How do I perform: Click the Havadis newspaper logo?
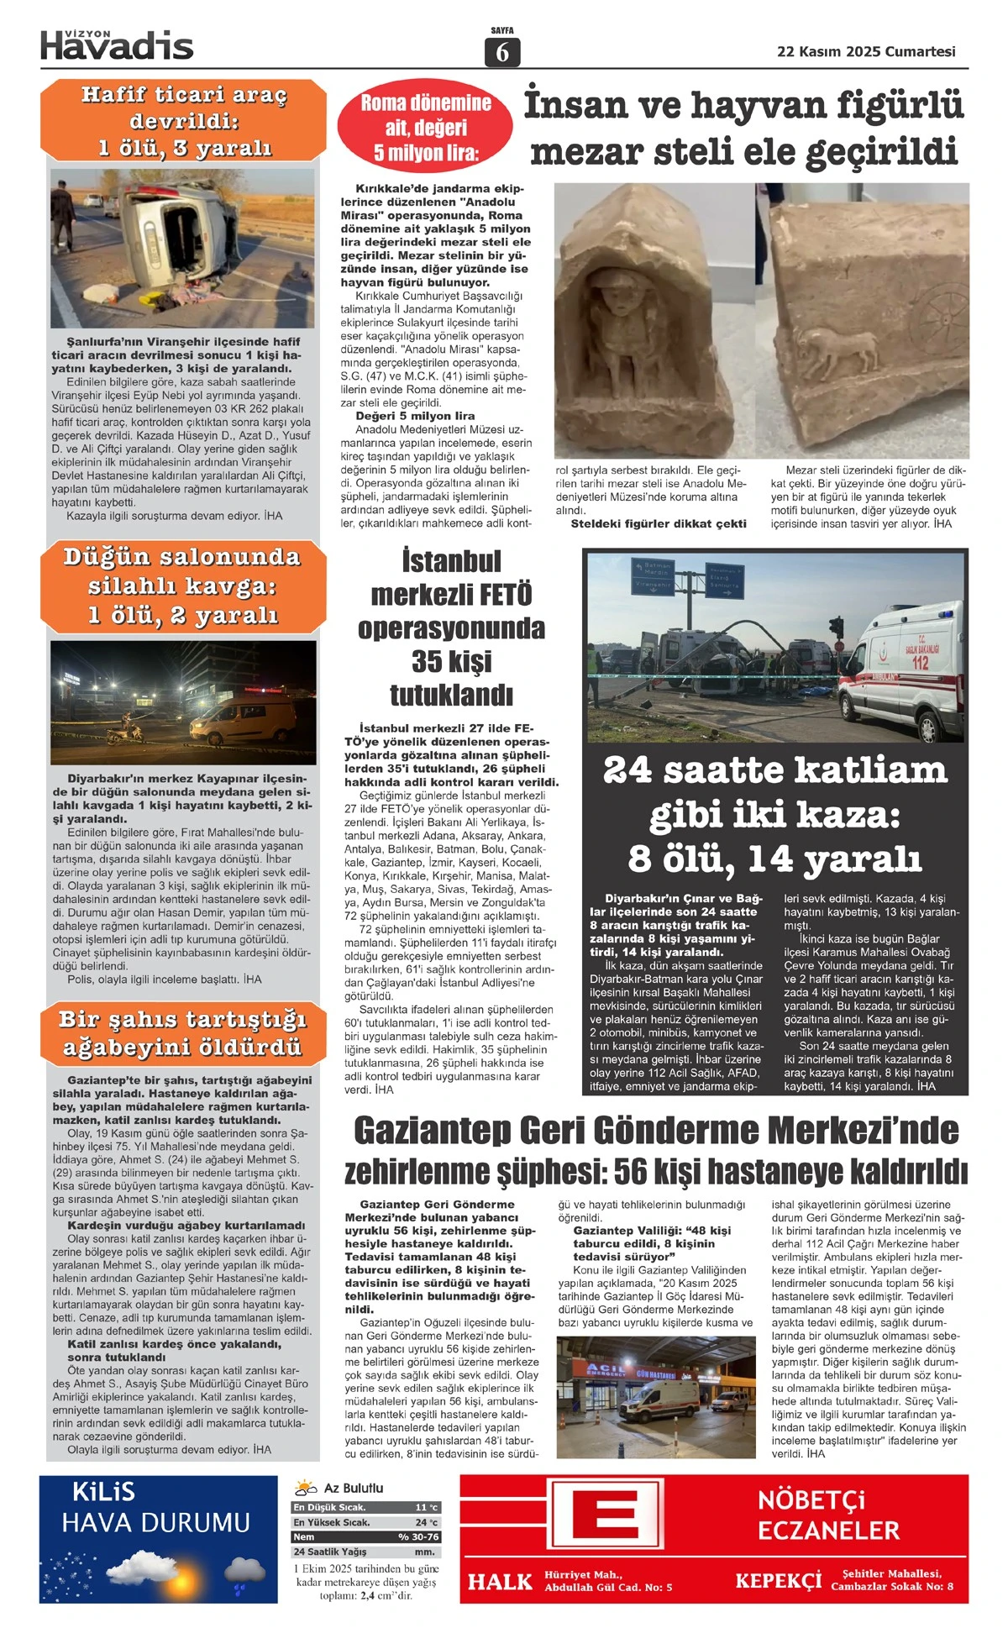point(117,45)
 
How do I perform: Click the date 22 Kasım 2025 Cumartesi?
point(866,51)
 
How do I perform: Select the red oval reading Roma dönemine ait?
point(425,128)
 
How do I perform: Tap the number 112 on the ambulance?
point(920,662)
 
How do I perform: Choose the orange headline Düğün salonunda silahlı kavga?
point(183,586)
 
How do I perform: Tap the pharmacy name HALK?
point(501,1582)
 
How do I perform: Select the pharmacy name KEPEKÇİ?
point(778,1580)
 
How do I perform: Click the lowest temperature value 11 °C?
point(426,1507)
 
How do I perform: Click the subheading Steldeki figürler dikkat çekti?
point(659,523)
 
